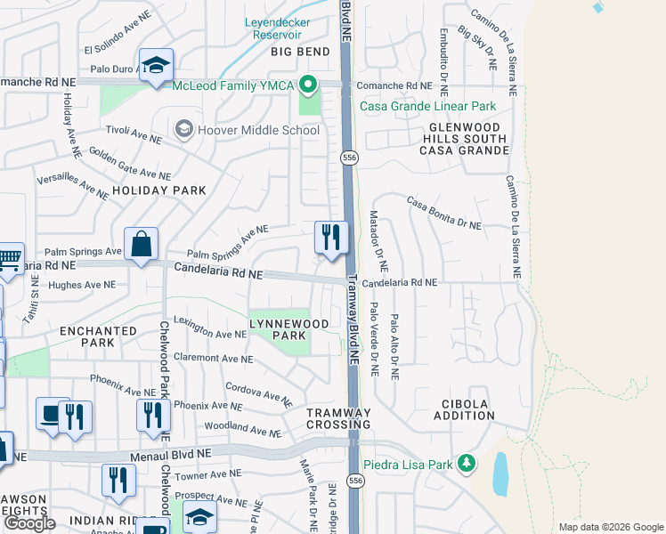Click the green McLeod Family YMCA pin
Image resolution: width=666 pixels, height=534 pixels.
coord(308,86)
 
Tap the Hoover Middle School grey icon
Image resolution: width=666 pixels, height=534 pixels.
coord(184,130)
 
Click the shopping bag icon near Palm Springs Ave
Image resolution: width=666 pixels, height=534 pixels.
coord(142,243)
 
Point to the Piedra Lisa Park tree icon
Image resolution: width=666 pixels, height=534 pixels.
coord(465,464)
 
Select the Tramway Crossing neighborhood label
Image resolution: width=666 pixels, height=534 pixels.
coord(338,419)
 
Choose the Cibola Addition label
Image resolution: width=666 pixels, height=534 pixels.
coord(463,409)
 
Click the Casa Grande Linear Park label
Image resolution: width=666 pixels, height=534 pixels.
coord(427,106)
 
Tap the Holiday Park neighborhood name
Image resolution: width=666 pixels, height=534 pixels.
coord(159,190)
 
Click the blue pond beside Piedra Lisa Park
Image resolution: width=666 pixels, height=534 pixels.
coord(501,474)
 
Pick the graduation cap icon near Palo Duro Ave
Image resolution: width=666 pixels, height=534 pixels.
coord(156,65)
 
